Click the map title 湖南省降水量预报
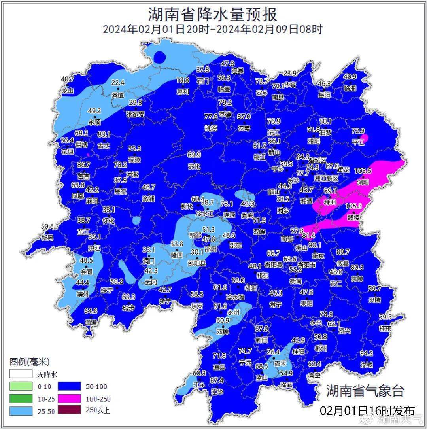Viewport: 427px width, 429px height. (213, 15)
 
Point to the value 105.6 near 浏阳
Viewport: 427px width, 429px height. (363, 171)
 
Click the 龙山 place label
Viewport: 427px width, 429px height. (68, 90)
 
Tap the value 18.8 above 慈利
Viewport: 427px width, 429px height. (182, 80)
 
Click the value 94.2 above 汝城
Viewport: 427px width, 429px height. (367, 353)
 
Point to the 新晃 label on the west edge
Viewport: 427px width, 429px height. (47, 237)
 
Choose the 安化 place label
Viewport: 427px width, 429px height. (194, 166)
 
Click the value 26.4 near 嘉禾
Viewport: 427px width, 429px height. (273, 352)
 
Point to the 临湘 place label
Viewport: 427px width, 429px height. (350, 88)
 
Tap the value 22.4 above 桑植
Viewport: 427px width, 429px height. (118, 83)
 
